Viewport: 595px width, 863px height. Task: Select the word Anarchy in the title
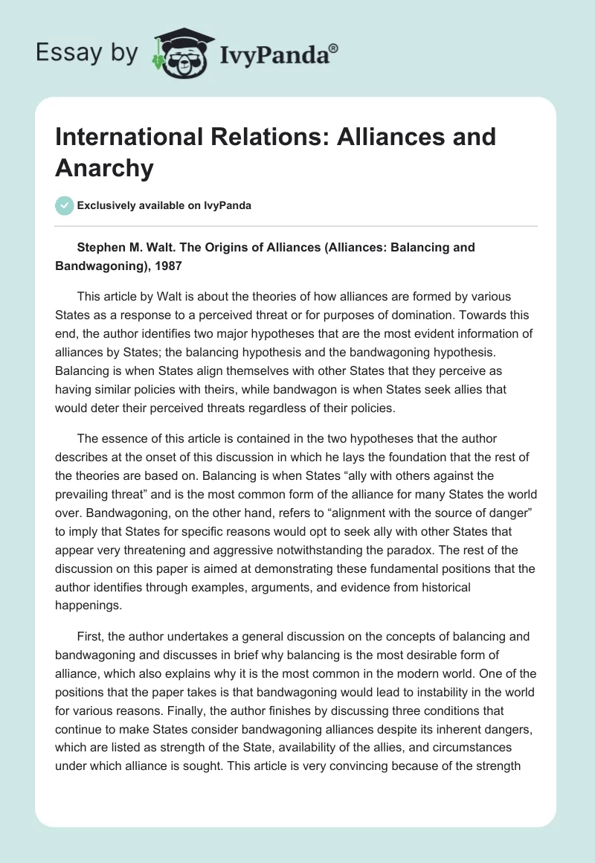pyautogui.click(x=104, y=168)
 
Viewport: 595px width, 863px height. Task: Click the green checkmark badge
pyautogui.click(x=64, y=205)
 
